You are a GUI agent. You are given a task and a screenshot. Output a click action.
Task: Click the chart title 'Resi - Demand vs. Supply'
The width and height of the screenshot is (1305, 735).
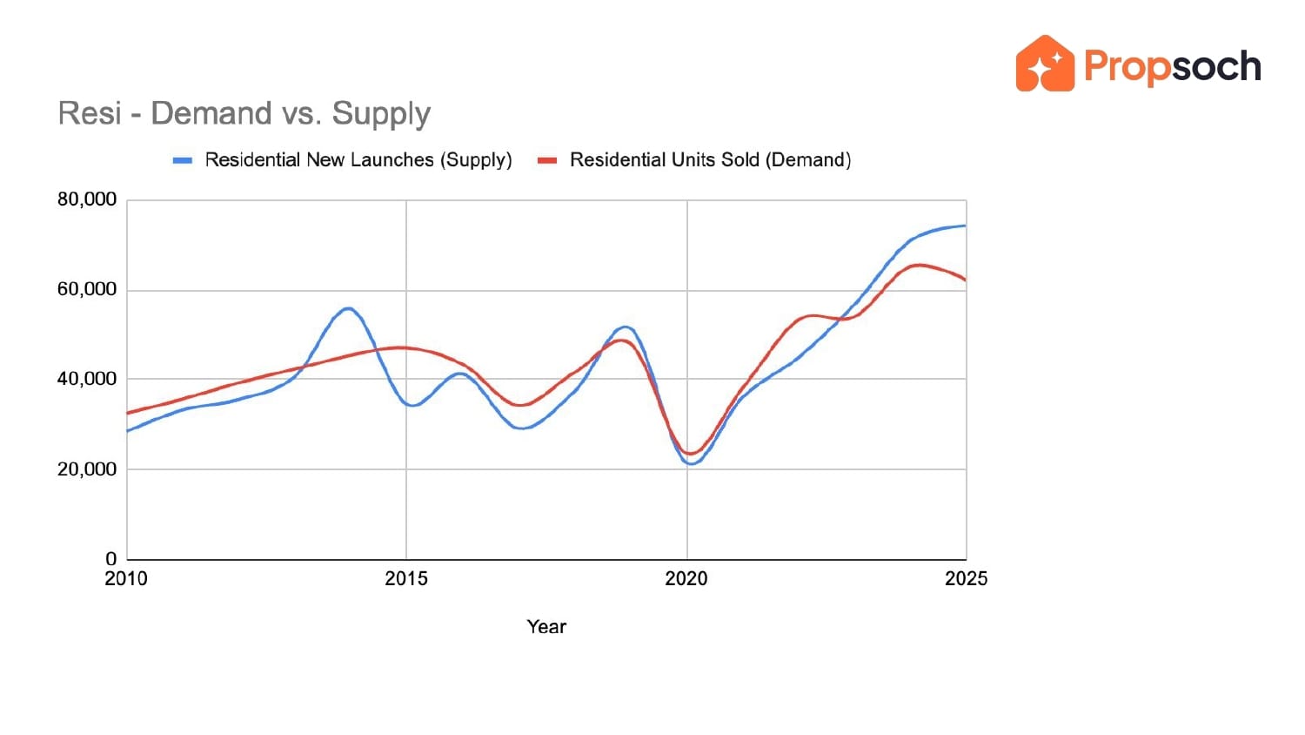(x=244, y=114)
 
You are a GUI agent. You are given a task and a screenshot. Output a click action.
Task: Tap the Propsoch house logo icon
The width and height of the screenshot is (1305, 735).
(x=1045, y=64)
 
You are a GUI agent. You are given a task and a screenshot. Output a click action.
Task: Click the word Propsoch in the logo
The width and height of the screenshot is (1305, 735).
(x=1172, y=67)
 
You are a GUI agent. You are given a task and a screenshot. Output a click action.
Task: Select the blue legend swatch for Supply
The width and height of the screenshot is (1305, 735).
(x=183, y=160)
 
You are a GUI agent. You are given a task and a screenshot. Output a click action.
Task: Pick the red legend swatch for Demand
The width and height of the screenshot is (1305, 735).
(x=547, y=160)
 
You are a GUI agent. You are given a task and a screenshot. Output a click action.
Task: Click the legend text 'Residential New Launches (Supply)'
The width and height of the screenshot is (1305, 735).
(x=358, y=160)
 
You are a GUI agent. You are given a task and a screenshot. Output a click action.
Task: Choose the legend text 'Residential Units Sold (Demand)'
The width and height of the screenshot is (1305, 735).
(x=710, y=160)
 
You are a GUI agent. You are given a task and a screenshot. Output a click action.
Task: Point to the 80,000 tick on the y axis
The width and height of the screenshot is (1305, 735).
(x=87, y=199)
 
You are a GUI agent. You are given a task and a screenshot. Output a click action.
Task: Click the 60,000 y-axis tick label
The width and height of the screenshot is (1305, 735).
(x=87, y=289)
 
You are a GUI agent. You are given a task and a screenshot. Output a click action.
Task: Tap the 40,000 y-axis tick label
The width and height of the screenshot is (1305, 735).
(x=87, y=379)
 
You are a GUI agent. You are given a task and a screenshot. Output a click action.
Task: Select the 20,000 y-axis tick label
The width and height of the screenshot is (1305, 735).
(x=87, y=469)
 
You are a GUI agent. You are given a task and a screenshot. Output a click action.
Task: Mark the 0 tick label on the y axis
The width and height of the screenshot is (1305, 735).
(x=110, y=559)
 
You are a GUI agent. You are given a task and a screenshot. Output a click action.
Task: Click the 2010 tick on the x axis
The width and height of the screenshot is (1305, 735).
(x=126, y=579)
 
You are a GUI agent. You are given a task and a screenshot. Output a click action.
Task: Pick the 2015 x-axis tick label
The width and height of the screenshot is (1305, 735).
(x=406, y=579)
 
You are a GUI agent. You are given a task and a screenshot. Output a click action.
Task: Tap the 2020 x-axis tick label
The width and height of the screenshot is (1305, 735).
(x=686, y=579)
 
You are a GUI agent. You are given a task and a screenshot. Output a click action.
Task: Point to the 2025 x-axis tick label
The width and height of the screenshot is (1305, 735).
(x=966, y=579)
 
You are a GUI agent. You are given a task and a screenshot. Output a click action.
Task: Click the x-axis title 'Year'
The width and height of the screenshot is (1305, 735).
(x=546, y=627)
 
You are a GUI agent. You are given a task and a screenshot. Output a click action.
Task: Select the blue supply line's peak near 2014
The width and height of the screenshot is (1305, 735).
(x=348, y=308)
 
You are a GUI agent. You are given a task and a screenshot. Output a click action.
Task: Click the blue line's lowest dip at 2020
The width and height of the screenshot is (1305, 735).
(x=691, y=463)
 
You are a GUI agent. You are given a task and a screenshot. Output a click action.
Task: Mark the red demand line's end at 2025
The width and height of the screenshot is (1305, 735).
(x=965, y=280)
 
